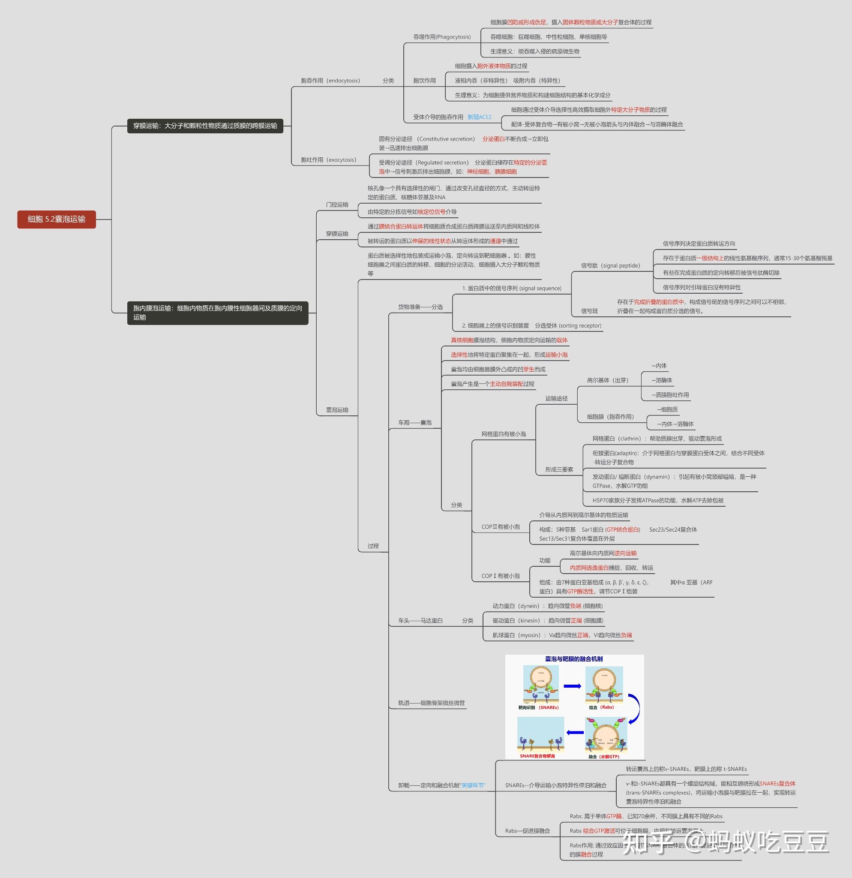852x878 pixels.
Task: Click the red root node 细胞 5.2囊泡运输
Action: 57,219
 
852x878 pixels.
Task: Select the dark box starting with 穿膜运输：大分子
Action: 205,126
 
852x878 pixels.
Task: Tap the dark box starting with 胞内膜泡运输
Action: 218,313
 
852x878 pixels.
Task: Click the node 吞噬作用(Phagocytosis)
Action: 442,37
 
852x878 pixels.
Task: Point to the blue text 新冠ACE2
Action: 479,117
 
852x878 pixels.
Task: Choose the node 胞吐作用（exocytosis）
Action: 329,160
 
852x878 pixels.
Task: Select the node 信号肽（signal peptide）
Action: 610,266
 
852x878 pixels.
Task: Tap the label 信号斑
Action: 589,311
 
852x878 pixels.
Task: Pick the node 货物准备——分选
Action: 420,307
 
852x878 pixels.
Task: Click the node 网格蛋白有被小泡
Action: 504,434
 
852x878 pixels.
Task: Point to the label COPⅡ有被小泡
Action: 501,527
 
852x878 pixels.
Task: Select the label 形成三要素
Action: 559,469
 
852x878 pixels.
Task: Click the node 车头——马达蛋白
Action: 420,620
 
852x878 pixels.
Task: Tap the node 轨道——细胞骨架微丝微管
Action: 432,703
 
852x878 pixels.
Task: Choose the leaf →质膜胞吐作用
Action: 670,395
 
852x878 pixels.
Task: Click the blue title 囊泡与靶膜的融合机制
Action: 573,659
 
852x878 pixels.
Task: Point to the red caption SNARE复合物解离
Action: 537,756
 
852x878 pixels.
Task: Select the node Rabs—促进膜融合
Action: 528,831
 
